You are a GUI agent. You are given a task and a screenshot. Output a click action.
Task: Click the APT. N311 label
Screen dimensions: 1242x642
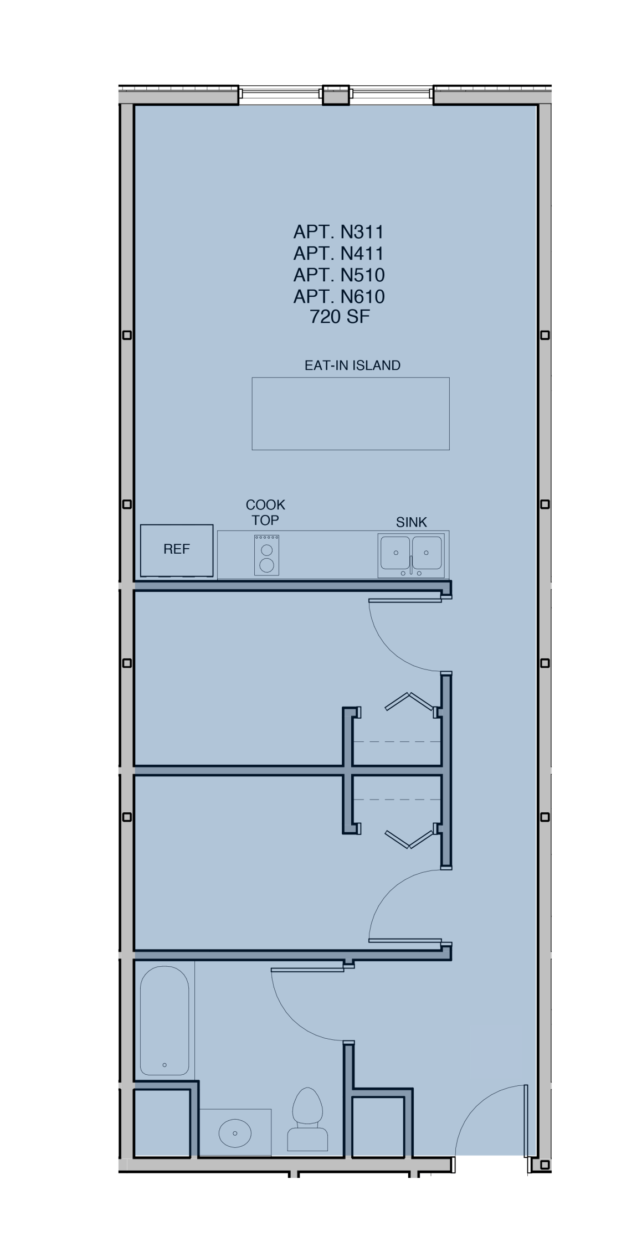(x=338, y=232)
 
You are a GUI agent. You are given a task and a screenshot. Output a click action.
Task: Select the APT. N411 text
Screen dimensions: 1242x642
(x=338, y=254)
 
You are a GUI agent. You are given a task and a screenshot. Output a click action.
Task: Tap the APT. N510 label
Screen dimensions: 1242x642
(x=339, y=275)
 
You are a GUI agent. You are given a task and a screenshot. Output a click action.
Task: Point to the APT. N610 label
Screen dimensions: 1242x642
(x=339, y=297)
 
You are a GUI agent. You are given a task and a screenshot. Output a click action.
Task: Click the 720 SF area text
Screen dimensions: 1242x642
(x=340, y=317)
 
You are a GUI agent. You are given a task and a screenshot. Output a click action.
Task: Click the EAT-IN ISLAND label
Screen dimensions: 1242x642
(x=352, y=365)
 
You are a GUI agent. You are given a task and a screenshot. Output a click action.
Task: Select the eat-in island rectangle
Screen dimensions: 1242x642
(x=350, y=414)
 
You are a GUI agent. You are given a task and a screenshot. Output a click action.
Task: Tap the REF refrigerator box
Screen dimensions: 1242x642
(x=177, y=550)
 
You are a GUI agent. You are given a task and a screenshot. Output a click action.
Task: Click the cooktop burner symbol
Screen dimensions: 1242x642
(x=266, y=555)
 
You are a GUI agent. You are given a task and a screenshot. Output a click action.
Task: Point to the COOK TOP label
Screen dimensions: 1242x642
(x=265, y=512)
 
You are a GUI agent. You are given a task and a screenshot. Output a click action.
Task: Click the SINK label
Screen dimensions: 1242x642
(x=411, y=522)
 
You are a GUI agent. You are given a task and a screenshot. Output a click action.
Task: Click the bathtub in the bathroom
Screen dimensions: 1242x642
(x=165, y=1021)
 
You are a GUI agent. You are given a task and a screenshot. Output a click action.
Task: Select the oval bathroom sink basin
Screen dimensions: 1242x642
(x=235, y=1133)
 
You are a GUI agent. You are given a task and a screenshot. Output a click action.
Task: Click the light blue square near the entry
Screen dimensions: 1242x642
(x=496, y=1052)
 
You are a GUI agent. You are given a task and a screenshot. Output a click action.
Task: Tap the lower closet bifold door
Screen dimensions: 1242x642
(x=409, y=839)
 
